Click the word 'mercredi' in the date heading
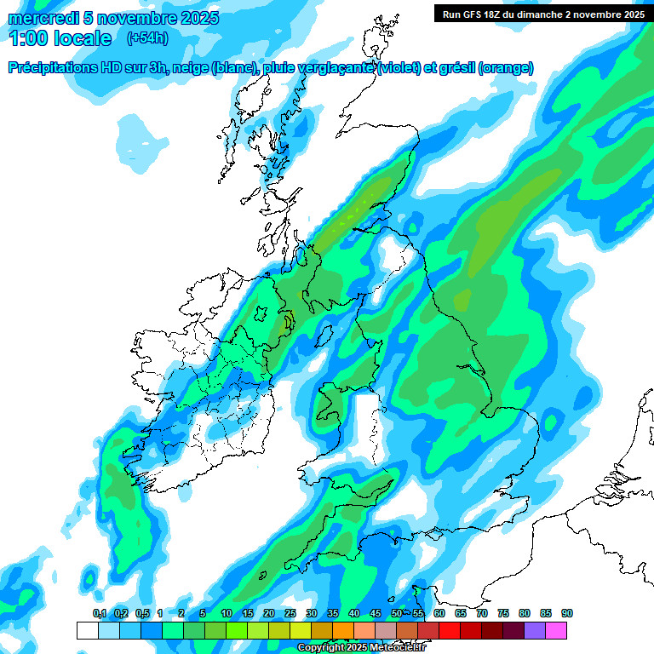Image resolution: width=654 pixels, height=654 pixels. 43,18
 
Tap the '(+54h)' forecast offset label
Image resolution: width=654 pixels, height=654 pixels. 147,38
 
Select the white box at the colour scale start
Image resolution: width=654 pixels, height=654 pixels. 87,630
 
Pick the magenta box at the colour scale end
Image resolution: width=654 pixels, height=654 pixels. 556,630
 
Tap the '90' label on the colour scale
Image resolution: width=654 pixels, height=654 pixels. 567,613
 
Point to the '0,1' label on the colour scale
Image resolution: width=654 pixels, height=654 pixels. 99,613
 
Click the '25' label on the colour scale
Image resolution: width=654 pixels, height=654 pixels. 290,613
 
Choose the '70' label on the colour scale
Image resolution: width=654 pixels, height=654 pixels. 482,613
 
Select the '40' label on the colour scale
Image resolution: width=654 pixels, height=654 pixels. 353,613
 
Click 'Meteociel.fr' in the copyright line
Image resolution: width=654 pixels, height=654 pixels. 397,648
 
